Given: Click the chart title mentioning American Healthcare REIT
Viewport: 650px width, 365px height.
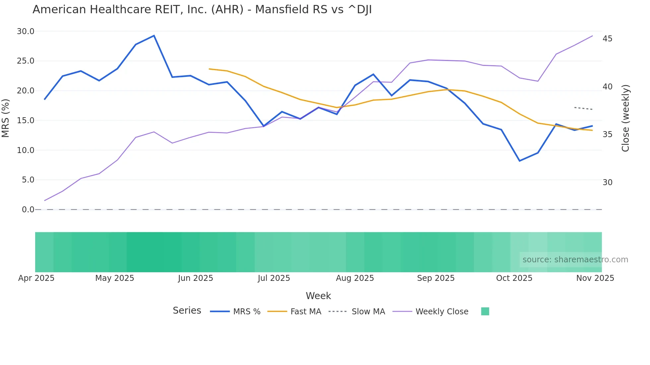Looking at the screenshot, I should click(x=202, y=10).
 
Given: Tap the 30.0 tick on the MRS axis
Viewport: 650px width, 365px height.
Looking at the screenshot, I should click(x=26, y=31).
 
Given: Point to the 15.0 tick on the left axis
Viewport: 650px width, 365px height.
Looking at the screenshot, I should click(x=26, y=121).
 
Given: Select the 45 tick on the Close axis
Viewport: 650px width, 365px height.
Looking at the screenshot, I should click(x=607, y=39).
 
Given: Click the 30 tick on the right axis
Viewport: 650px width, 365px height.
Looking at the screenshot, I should click(x=607, y=182).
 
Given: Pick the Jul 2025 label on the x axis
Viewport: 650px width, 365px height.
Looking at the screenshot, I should click(x=274, y=278).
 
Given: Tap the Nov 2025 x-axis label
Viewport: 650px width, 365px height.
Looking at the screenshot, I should click(x=595, y=278).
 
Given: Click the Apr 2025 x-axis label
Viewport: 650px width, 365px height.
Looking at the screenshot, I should click(x=36, y=278).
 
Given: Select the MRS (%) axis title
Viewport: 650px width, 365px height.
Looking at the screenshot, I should click(x=6, y=118).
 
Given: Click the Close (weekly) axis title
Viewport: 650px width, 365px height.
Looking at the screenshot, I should click(x=625, y=118).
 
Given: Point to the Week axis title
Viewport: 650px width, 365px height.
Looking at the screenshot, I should click(x=318, y=296).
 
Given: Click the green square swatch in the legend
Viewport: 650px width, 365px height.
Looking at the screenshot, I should click(x=485, y=312).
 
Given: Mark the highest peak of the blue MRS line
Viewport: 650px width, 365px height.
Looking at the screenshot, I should click(x=154, y=36).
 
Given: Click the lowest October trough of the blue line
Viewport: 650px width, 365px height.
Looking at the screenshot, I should click(x=520, y=161).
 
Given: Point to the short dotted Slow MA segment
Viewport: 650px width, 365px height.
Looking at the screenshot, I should click(x=583, y=108).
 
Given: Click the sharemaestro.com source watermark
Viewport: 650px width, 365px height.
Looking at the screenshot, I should click(x=575, y=260).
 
